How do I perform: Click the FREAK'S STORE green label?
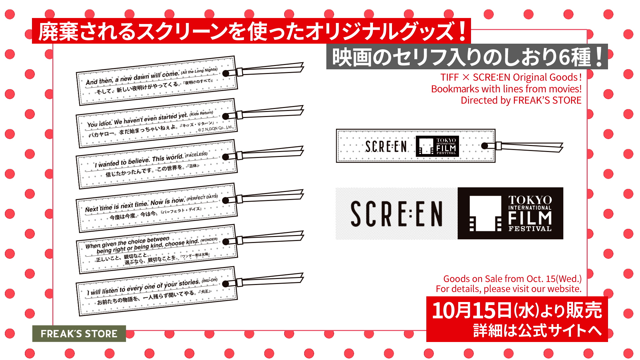(79, 333)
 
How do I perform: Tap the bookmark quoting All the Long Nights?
(157, 81)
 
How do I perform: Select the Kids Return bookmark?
(157, 123)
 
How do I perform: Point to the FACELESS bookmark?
(157, 164)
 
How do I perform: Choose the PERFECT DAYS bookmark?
(157, 208)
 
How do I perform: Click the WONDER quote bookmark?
(157, 249)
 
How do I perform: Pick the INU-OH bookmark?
(157, 291)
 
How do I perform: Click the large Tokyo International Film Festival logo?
(510, 213)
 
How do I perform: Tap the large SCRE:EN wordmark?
(397, 214)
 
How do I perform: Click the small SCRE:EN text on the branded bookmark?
(386, 146)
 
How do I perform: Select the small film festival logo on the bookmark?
(437, 146)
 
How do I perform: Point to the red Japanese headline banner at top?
(251, 31)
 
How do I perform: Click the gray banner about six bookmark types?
(467, 57)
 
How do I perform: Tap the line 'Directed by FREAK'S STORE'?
(521, 100)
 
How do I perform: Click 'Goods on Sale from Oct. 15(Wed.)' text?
(512, 279)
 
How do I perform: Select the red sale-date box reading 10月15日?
(517, 319)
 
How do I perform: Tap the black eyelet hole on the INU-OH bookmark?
(226, 284)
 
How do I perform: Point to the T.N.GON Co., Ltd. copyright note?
(215, 129)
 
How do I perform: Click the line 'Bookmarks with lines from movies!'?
(506, 89)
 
